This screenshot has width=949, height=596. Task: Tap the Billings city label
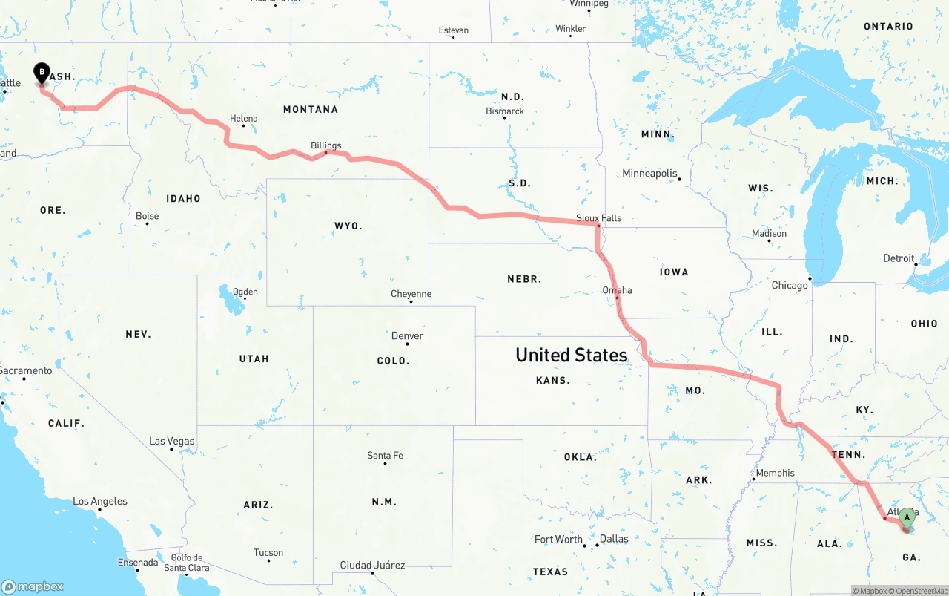pos(326,145)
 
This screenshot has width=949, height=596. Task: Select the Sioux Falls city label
pos(599,218)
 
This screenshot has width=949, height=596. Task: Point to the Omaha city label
pos(617,290)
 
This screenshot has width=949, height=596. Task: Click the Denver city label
pos(408,336)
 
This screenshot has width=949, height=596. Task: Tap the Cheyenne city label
pos(411,295)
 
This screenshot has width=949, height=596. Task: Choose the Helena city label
pos(244,119)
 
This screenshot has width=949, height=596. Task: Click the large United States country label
pos(572,355)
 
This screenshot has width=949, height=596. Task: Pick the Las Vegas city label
pos(172,442)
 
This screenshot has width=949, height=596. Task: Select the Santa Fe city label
pos(385,456)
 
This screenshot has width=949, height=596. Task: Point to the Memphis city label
pos(775,473)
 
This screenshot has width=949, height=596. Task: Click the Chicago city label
pos(790,286)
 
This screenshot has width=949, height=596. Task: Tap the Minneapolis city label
pos(650,174)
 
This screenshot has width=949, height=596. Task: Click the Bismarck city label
pos(505,111)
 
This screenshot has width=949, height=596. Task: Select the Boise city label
pos(147,217)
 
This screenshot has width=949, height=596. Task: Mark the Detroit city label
pos(899,258)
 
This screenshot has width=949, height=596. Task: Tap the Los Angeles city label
pos(100,502)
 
